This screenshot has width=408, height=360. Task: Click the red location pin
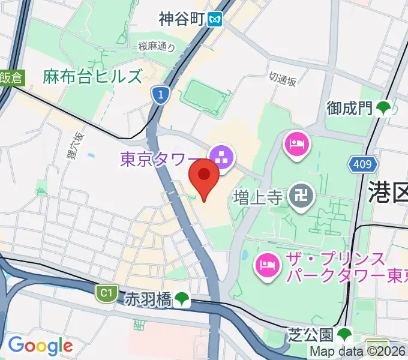[x=204, y=178]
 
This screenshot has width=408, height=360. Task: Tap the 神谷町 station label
[x=182, y=19]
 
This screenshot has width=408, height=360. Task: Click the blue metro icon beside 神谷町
[x=215, y=20]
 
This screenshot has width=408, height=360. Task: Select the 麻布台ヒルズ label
[x=93, y=77]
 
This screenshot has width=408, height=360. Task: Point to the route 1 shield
[x=159, y=94]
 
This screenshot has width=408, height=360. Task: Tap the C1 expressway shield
[x=106, y=293]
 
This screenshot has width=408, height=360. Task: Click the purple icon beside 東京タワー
[x=221, y=158]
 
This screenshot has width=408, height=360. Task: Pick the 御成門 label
[x=350, y=109]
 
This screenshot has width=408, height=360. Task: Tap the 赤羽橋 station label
[x=148, y=298]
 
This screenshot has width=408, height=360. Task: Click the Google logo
[x=40, y=346]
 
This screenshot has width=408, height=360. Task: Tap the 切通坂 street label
[x=283, y=79]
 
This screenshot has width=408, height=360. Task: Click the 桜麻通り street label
[x=157, y=46]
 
